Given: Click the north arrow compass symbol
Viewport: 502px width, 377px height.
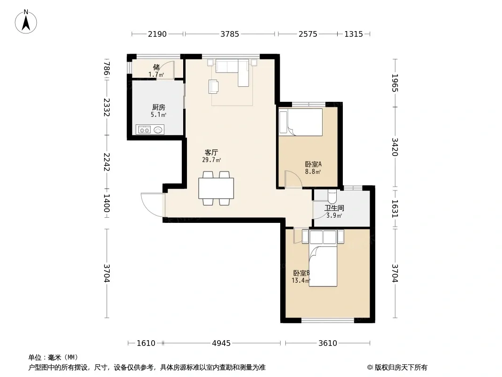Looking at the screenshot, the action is tap(26, 22).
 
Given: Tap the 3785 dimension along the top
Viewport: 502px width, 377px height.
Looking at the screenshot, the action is tap(229, 34).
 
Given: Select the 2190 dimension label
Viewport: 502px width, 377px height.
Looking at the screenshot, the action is tap(157, 34).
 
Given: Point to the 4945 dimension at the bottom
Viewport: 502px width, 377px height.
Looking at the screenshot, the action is tap(221, 344).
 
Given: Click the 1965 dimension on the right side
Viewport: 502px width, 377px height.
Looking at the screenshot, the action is tap(395, 83).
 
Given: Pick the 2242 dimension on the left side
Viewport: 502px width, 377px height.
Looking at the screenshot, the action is tap(106, 162).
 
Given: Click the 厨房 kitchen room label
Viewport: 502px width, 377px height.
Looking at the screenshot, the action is tap(159, 107).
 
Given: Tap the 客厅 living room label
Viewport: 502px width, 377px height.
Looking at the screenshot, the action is tap(211, 152).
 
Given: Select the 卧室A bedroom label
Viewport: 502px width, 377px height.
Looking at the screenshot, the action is tap(313, 164).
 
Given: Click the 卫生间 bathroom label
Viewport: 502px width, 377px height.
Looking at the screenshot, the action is tap(334, 208).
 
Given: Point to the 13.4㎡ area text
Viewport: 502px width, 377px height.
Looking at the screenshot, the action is tap(301, 280).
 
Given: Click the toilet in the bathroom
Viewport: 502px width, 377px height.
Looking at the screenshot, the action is tap(332, 197).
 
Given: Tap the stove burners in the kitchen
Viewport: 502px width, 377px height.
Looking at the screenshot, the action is tap(145, 130).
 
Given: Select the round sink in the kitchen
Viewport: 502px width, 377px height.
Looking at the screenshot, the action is tap(158, 130).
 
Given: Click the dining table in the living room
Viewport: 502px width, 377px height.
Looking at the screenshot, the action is tap(216, 188).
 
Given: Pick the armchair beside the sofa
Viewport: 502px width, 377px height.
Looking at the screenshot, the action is tap(213, 87).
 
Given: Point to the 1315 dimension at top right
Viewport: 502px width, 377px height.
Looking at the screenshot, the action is tap(354, 34).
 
